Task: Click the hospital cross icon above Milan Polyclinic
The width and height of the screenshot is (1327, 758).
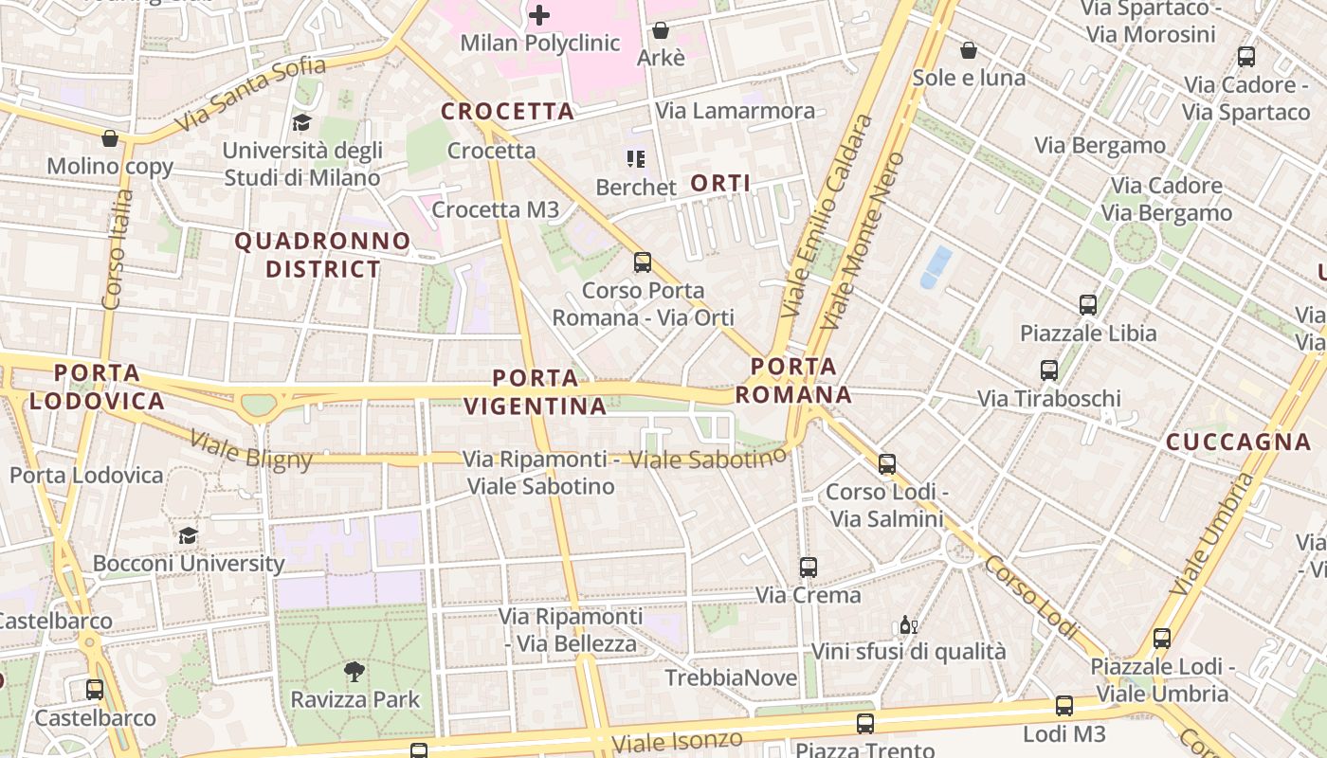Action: point(539,15)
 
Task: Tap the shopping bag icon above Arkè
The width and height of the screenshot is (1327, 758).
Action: point(660,31)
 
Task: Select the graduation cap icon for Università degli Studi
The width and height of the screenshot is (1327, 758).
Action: point(301,123)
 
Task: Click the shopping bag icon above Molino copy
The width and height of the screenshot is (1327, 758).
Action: point(110,139)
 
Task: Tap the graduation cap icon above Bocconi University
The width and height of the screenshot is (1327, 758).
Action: point(188,536)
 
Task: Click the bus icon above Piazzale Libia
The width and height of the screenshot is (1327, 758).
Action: point(1088,305)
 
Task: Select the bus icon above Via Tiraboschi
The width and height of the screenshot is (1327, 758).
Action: point(1048,370)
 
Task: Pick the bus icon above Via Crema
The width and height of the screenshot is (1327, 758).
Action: point(808,568)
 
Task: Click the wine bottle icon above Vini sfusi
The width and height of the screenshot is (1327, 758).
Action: point(908,625)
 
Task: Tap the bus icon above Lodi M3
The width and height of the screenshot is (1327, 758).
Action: point(1064,706)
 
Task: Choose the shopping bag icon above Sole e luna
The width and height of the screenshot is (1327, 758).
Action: point(968,50)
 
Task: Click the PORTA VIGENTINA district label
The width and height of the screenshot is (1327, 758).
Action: point(535,392)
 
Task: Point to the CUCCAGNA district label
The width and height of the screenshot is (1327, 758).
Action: point(1238,442)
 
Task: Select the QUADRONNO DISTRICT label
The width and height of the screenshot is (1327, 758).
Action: point(322,255)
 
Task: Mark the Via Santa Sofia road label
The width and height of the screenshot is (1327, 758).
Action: point(251,94)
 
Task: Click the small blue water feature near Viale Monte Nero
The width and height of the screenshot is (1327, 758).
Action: point(936,266)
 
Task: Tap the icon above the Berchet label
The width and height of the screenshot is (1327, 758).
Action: point(635,158)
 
